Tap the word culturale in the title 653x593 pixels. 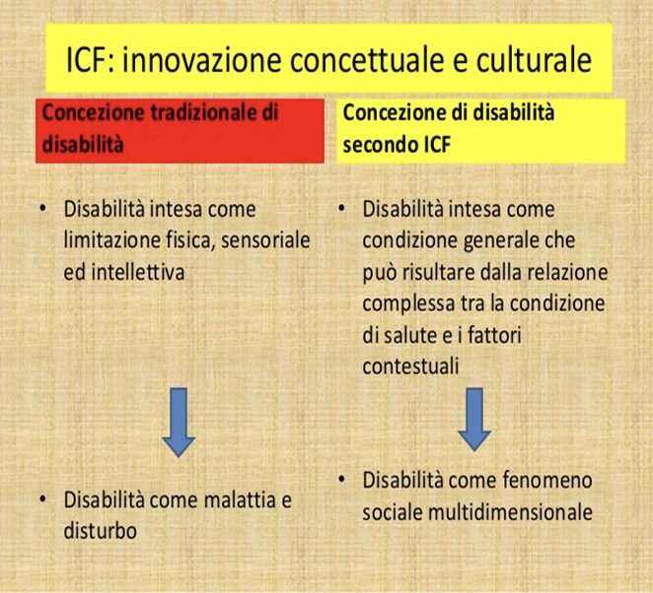coord(535,59)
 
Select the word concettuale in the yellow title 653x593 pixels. coord(367,59)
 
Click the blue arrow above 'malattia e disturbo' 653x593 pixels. coord(179,422)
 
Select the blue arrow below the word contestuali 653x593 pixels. coord(474,420)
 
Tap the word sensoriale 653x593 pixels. coord(265,240)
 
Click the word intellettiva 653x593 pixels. coord(138,272)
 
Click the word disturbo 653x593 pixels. coord(101,531)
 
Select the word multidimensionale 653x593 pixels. coord(510,512)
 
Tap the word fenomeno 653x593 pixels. coord(547,481)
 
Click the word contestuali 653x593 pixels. coord(410,366)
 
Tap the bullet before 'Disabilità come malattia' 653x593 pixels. coord(42,498)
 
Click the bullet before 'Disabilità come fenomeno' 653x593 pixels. coord(341,479)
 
